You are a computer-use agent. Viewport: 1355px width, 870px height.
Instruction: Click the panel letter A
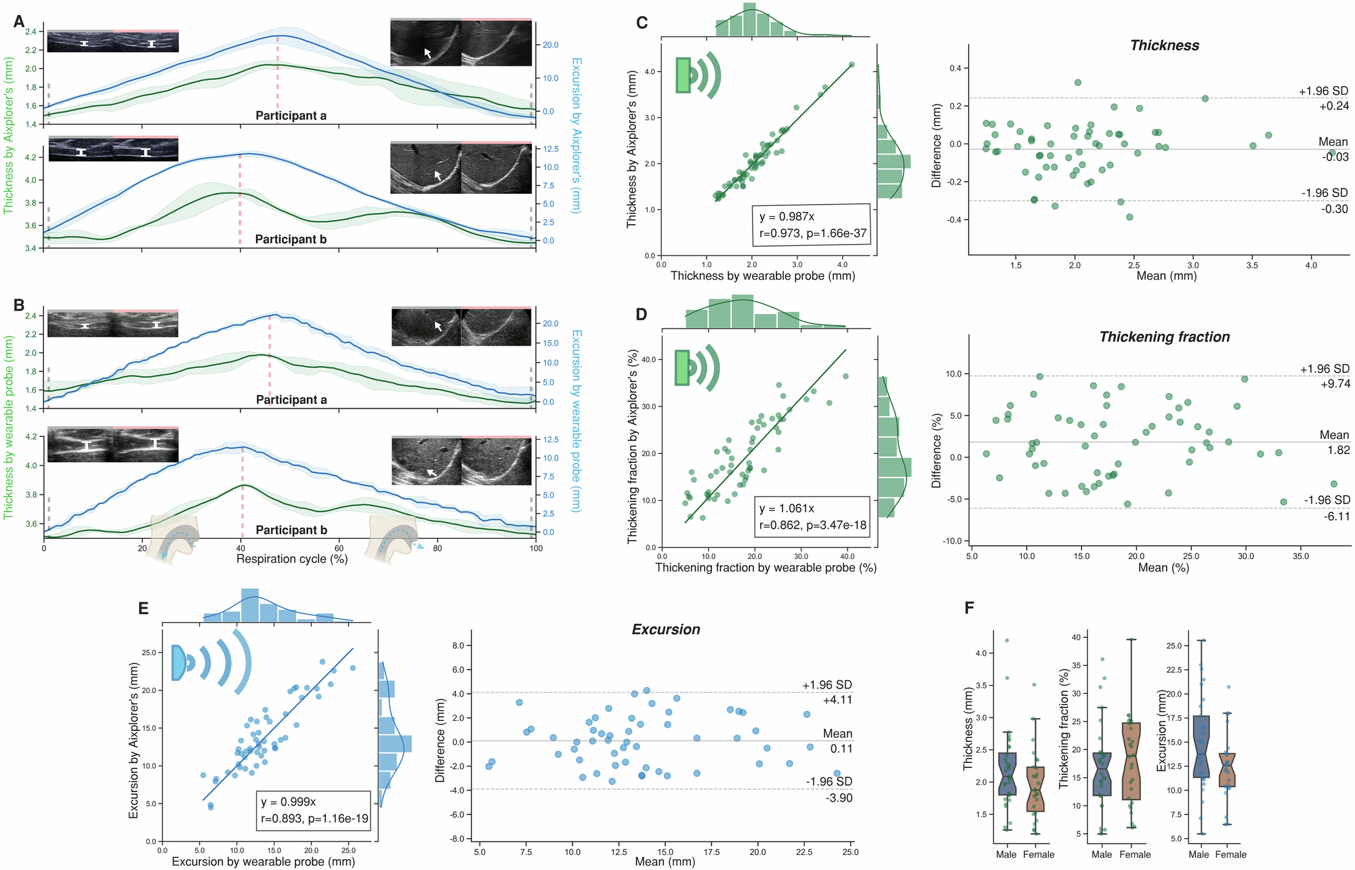[19, 22]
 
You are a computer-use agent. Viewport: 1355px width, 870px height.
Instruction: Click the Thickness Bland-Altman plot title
[1165, 45]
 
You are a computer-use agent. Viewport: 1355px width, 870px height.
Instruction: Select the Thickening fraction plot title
[1164, 337]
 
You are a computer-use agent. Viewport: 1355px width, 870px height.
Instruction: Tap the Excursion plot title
[665, 629]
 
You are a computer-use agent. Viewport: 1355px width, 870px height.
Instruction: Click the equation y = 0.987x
[787, 217]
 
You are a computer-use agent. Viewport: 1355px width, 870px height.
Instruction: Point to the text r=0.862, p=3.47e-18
[812, 524]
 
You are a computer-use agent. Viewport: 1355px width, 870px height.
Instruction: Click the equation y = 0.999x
[289, 802]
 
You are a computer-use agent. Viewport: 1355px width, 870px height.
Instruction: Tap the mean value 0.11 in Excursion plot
[841, 749]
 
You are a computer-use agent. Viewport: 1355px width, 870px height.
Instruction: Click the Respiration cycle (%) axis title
[291, 559]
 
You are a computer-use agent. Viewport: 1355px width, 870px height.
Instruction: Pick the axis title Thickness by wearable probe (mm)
[762, 276]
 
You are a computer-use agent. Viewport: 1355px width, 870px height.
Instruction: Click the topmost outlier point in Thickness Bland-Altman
[1077, 83]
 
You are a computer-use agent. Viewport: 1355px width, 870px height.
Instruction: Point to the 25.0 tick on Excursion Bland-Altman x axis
[850, 852]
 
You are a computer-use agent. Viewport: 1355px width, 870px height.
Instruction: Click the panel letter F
[969, 608]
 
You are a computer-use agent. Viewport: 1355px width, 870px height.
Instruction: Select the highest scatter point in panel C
[852, 65]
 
